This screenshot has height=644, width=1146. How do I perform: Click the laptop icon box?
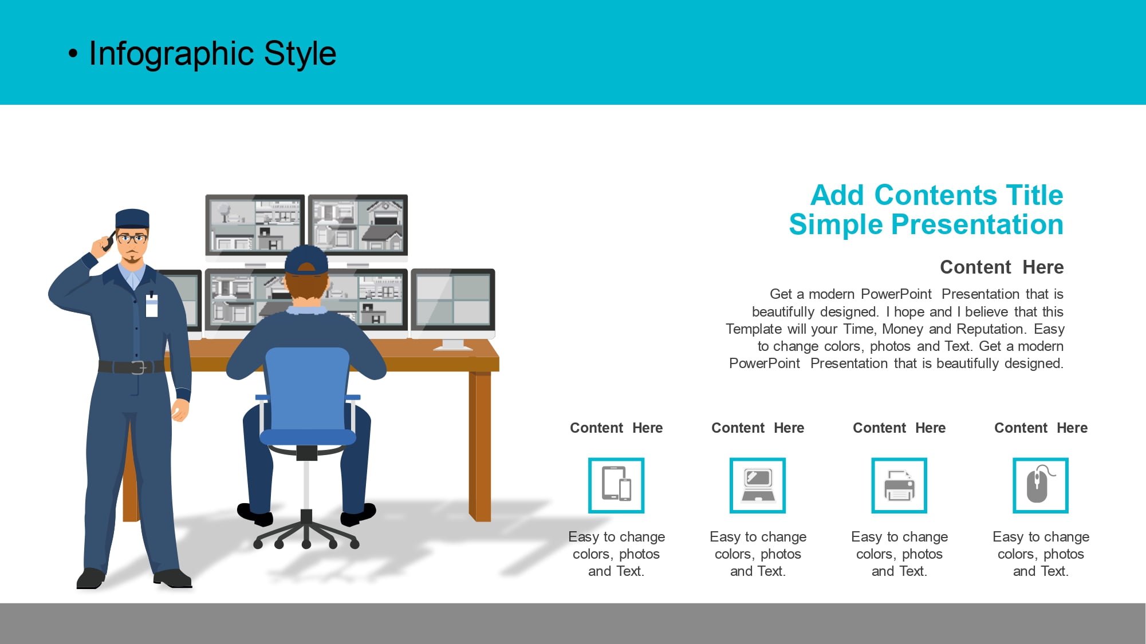[758, 485]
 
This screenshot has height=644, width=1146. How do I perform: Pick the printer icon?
[899, 485]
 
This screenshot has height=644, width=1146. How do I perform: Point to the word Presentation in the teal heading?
[978, 224]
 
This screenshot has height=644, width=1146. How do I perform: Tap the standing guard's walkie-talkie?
[107, 242]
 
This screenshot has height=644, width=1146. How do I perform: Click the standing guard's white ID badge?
[152, 305]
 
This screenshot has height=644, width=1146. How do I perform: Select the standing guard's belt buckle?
[138, 367]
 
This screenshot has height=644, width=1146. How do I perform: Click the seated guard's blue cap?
[306, 260]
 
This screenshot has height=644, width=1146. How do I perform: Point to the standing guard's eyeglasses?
[132, 238]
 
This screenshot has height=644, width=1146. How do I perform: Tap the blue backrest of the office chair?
[308, 389]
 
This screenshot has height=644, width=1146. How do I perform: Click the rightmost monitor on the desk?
[453, 303]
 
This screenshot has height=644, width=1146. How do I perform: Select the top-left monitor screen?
[255, 224]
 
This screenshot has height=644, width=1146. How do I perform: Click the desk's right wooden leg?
[480, 447]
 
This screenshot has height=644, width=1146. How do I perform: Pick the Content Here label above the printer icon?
[899, 428]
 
